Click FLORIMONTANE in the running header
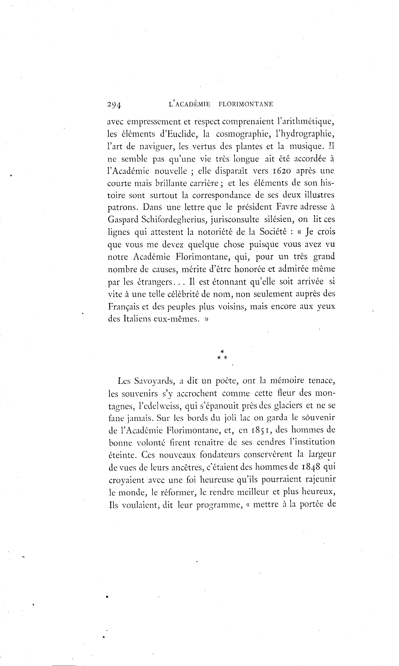click(246, 104)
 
